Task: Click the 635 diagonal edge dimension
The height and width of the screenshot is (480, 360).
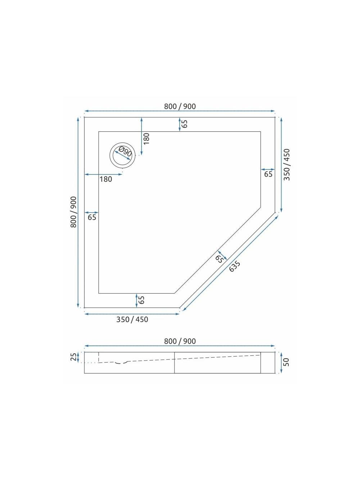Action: point(235,266)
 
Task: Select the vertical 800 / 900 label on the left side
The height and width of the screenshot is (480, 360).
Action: point(73,212)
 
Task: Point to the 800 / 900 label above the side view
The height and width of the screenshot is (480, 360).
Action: point(180,341)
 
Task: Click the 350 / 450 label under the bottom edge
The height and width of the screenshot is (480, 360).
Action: point(132,320)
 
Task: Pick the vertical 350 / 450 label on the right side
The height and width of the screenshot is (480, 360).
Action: point(287,165)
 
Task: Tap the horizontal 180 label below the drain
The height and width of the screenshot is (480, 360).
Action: point(106,179)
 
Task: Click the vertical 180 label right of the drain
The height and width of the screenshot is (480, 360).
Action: point(146,139)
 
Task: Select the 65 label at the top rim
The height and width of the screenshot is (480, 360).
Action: point(185,124)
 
